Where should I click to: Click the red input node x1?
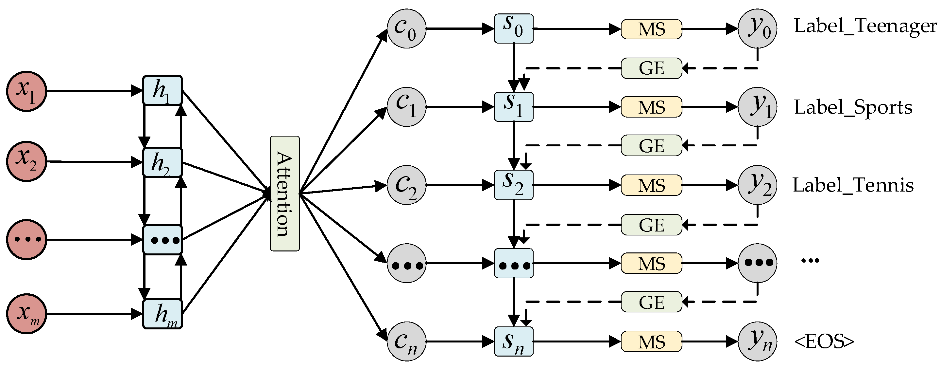click(26, 91)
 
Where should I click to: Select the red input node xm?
click(26, 313)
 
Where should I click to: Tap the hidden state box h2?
click(162, 162)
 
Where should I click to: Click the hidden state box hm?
click(162, 314)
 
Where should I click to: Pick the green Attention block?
click(284, 194)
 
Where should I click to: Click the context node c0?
click(406, 28)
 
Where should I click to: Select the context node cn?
click(406, 341)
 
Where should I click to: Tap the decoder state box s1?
click(513, 107)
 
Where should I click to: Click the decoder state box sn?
click(513, 341)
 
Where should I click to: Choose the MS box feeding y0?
click(651, 29)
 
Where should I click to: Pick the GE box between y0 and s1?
click(651, 68)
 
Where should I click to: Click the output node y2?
click(757, 185)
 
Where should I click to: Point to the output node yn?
click(757, 341)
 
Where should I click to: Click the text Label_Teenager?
click(865, 26)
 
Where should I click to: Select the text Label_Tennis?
click(853, 185)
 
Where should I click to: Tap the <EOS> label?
click(824, 341)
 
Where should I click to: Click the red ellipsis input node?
click(26, 240)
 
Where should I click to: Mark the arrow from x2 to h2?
click(91, 162)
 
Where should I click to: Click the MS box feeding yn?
click(651, 341)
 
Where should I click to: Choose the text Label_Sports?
click(853, 107)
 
